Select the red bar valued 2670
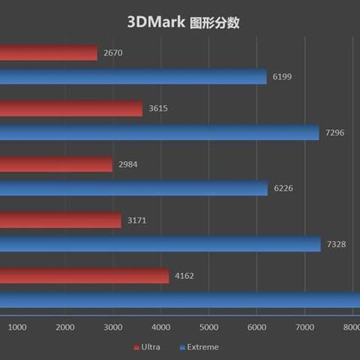coord(49,52)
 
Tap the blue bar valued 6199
coord(133,77)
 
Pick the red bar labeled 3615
coord(71,109)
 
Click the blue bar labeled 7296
coord(160,133)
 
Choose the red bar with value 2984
coord(56,164)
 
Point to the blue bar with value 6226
coord(133,188)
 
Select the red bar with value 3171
coord(61,220)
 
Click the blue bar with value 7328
coord(160,244)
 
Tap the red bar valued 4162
coord(85,276)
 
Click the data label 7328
coord(335,244)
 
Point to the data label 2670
coord(112,52)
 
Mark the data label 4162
coord(184,276)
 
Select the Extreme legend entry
coord(199,346)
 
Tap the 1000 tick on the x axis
coord(17,327)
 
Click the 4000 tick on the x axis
coord(160,327)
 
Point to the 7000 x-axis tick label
coord(304,327)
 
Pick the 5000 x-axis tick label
coord(208,327)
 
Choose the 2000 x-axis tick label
coord(65,327)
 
